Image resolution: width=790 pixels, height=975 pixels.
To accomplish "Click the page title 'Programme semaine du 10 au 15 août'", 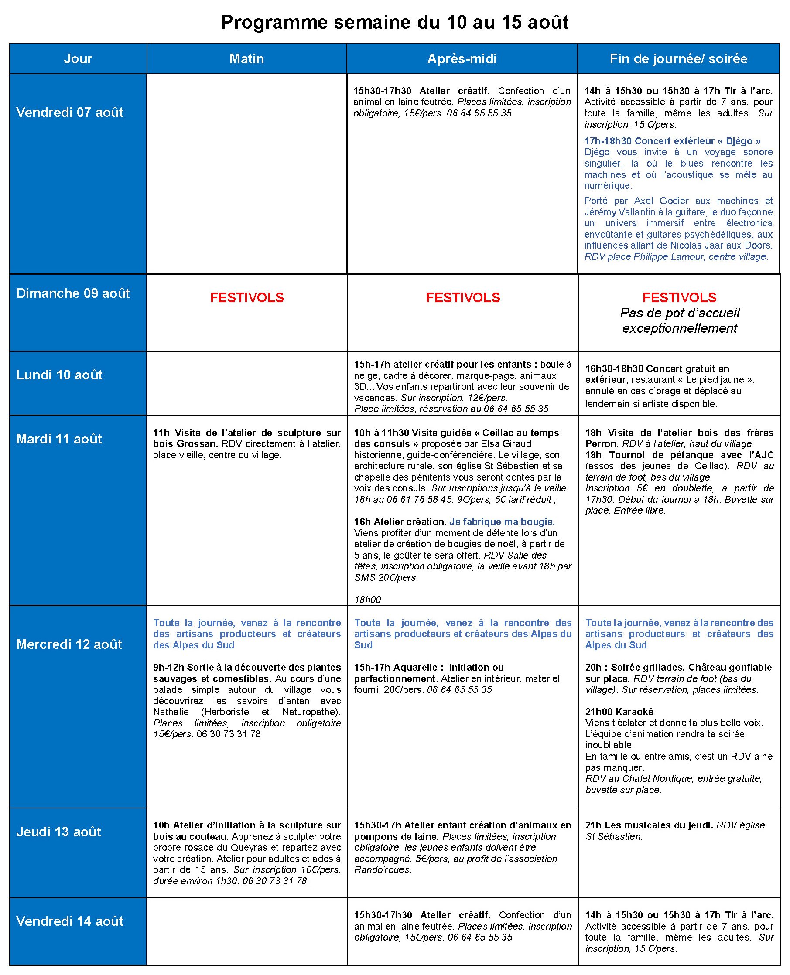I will pyautogui.click(x=394, y=22).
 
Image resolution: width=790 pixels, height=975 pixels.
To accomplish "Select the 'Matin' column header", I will pyautogui.click(x=246, y=59).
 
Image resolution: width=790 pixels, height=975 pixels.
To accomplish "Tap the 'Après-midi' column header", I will pyautogui.click(x=462, y=59).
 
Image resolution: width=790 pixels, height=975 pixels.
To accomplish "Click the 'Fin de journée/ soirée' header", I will pyautogui.click(x=678, y=59).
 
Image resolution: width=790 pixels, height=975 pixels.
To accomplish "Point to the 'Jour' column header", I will pyautogui.click(x=78, y=59).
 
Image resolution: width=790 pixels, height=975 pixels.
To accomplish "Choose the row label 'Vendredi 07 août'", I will pyautogui.click(x=70, y=112).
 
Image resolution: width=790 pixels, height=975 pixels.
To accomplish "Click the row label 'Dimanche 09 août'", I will pyautogui.click(x=73, y=293).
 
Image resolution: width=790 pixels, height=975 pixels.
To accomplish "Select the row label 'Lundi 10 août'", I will pyautogui.click(x=59, y=375).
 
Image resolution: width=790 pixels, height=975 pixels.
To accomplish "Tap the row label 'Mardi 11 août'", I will pyautogui.click(x=59, y=439).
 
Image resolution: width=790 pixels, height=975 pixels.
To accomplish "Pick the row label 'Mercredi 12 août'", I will pyautogui.click(x=69, y=644).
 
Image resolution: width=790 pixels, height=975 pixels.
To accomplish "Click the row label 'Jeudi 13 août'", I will pyautogui.click(x=59, y=832).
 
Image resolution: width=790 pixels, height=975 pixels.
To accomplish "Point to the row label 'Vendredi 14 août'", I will pyautogui.click(x=70, y=921).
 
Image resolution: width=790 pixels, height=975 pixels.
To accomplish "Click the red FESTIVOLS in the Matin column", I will pyautogui.click(x=246, y=297).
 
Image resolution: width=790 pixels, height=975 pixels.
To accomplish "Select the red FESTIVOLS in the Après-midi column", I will pyautogui.click(x=463, y=297).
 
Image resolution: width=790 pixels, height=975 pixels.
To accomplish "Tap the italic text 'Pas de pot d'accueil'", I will pyautogui.click(x=680, y=313).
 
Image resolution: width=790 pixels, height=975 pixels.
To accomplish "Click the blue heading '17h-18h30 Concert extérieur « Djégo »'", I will pyautogui.click(x=672, y=141).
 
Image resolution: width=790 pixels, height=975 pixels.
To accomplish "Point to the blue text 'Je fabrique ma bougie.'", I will pyautogui.click(x=502, y=522).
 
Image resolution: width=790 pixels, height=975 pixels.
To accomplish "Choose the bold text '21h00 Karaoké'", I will pyautogui.click(x=619, y=712).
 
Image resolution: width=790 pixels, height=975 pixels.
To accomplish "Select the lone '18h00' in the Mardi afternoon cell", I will pyautogui.click(x=368, y=600).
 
